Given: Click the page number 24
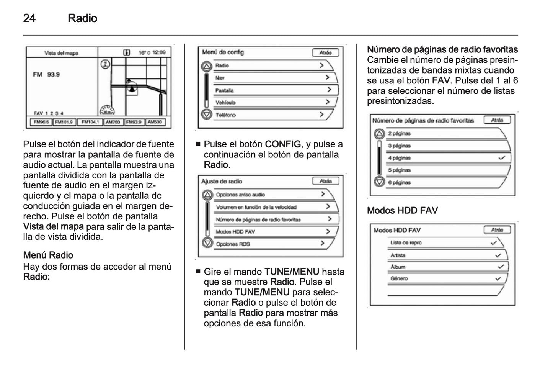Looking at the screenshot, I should pyautogui.click(x=29, y=18).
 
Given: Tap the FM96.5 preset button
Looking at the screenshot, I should pyautogui.click(x=41, y=122).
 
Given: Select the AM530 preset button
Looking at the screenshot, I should pyautogui.click(x=155, y=122).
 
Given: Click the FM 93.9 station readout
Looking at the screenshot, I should pyautogui.click(x=46, y=74).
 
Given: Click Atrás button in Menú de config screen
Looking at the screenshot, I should pyautogui.click(x=325, y=52).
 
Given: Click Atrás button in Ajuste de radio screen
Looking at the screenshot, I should pyautogui.click(x=325, y=181).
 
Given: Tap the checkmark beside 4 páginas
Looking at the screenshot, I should pyautogui.click(x=502, y=158).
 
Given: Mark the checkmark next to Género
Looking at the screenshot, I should pyautogui.click(x=498, y=278).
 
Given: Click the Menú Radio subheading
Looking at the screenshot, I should pyautogui.click(x=48, y=255).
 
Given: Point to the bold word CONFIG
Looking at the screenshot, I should pyautogui.click(x=283, y=144).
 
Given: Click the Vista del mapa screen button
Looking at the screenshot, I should pyautogui.click(x=61, y=53).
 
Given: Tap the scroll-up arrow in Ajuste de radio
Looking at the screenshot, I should pyautogui.click(x=207, y=195).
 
